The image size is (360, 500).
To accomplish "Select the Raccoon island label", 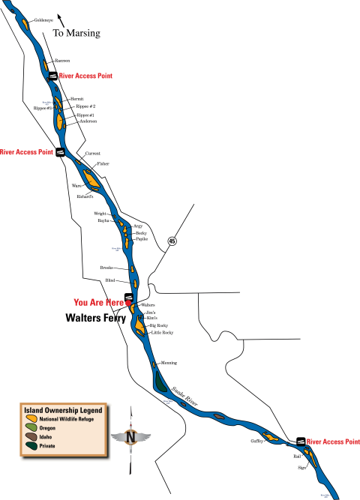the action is click(x=63, y=60).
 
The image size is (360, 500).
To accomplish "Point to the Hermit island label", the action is click(x=76, y=98).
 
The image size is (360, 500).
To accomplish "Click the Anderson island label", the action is click(x=88, y=121).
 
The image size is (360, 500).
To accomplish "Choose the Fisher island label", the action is click(x=103, y=163).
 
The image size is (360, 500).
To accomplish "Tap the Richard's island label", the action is click(x=85, y=196).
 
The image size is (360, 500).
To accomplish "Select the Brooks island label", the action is click(x=106, y=268).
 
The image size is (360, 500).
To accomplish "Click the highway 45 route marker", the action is click(x=172, y=241).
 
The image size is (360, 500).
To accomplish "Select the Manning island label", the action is click(x=169, y=363).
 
